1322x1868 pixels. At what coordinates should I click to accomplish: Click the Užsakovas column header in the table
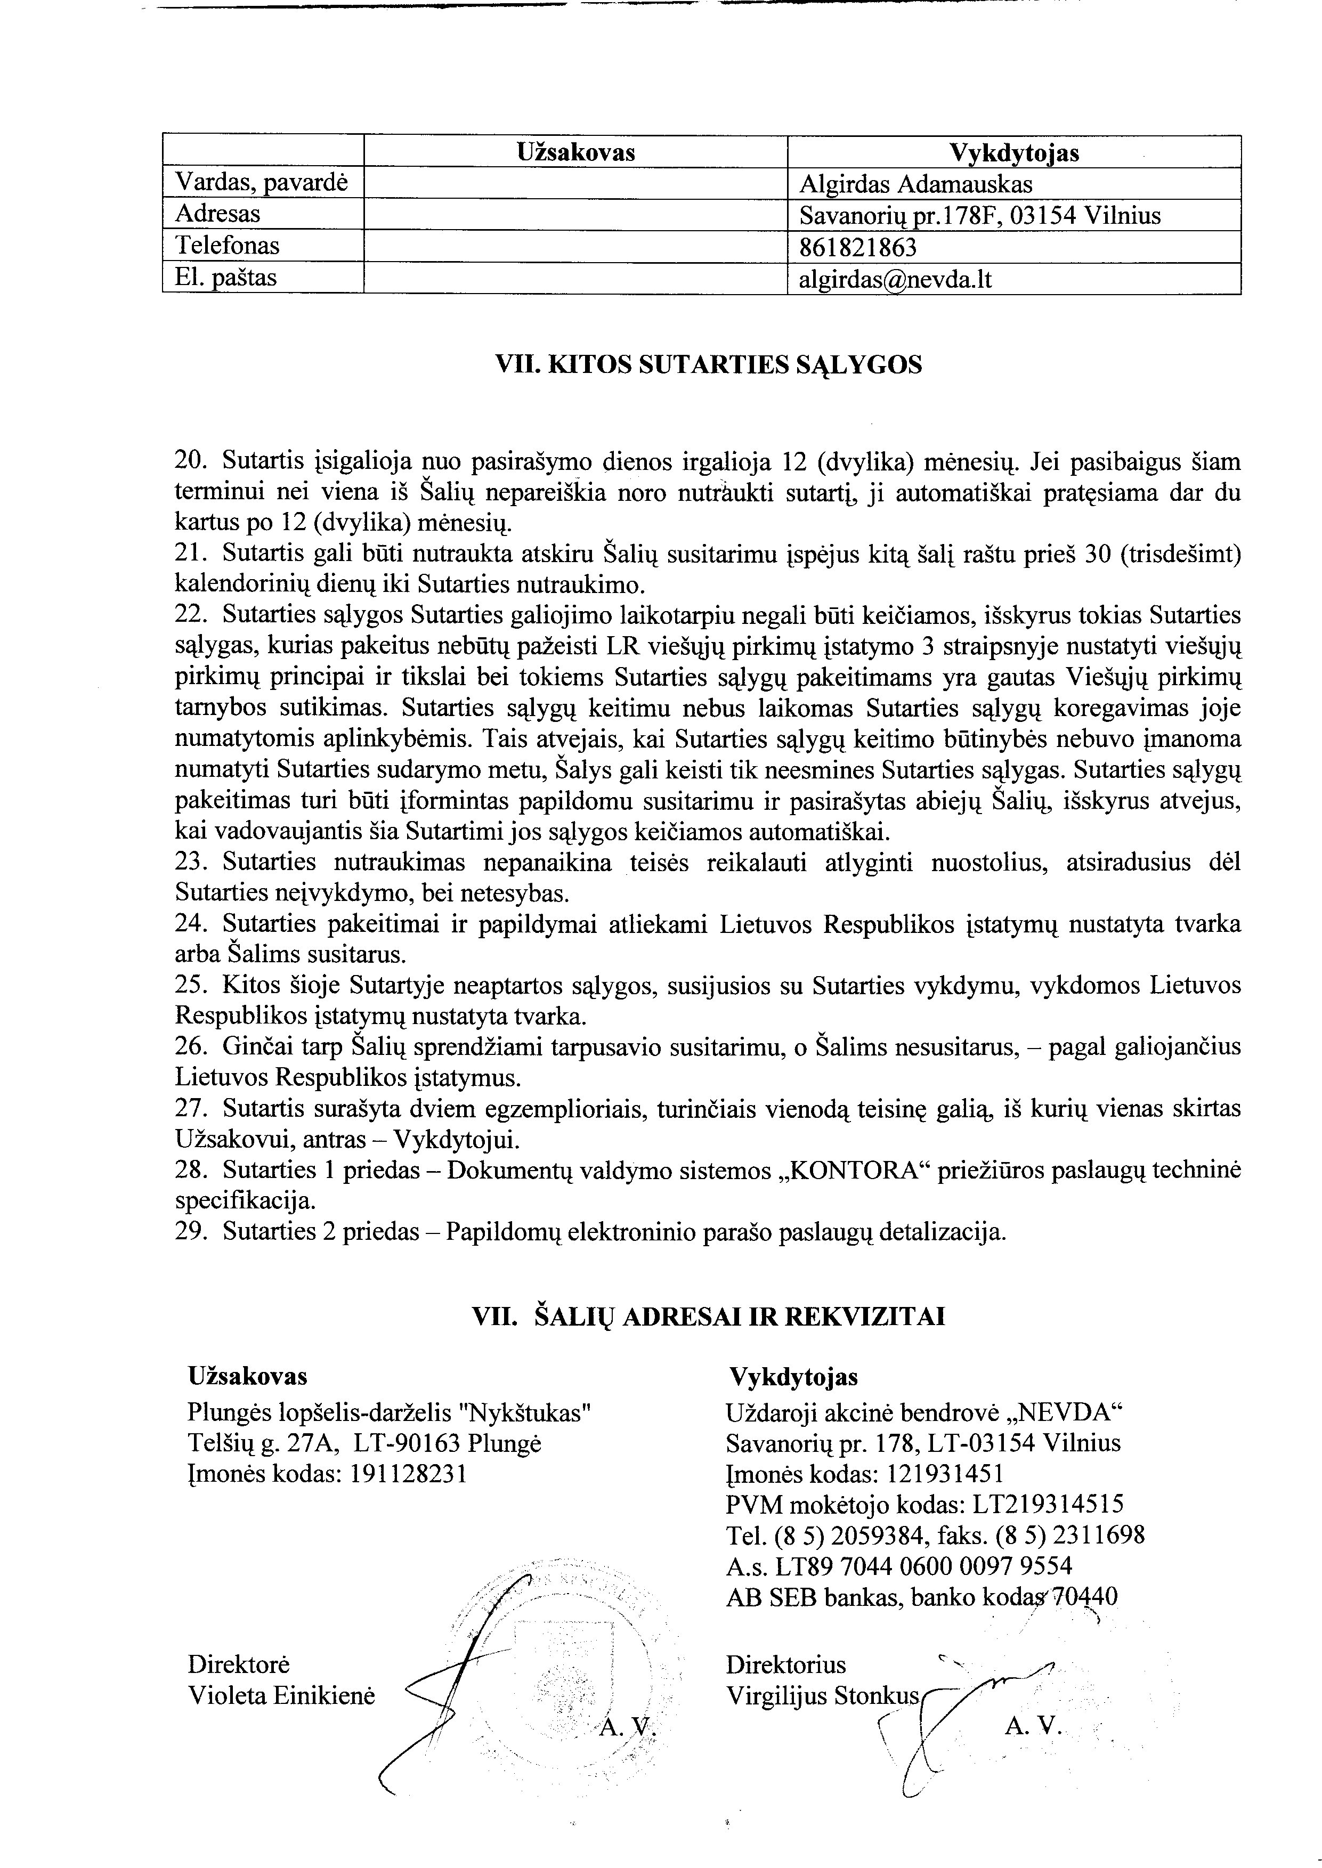point(575,152)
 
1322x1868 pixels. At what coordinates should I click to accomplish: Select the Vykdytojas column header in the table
point(1013,152)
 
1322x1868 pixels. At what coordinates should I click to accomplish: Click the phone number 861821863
point(857,247)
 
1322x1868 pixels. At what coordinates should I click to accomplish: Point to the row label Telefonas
point(227,246)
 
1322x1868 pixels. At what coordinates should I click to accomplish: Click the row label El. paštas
point(225,278)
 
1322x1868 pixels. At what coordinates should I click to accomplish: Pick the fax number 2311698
point(1099,1534)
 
